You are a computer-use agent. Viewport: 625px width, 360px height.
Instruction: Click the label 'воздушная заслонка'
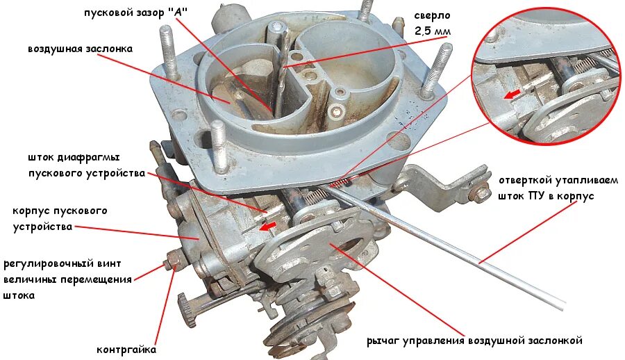80,49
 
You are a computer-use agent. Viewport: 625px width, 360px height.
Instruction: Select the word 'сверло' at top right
433,15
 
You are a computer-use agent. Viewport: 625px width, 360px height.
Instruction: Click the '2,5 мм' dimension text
433,31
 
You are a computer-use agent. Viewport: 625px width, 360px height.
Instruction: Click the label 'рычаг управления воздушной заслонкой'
474,341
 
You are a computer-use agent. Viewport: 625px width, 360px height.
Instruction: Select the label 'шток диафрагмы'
84,157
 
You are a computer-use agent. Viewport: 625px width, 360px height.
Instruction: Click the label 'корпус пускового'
60,210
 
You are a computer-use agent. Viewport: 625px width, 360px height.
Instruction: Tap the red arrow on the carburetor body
266,225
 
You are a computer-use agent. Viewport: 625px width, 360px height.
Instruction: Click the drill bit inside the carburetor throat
280,69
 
